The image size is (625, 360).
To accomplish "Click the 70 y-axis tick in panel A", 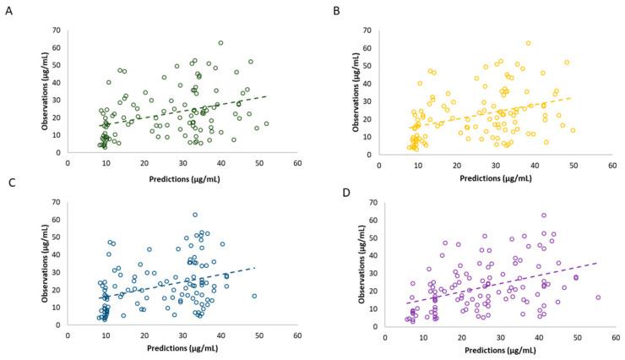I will [57, 30].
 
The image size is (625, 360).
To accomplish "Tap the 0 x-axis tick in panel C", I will [68, 335].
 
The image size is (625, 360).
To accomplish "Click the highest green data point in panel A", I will [220, 43].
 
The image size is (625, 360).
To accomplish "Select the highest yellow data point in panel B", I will [529, 43].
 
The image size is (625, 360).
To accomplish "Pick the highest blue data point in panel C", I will [195, 215].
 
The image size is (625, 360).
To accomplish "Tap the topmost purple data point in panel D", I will [544, 215].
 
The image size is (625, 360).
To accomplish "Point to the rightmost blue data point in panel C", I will [253, 296].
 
